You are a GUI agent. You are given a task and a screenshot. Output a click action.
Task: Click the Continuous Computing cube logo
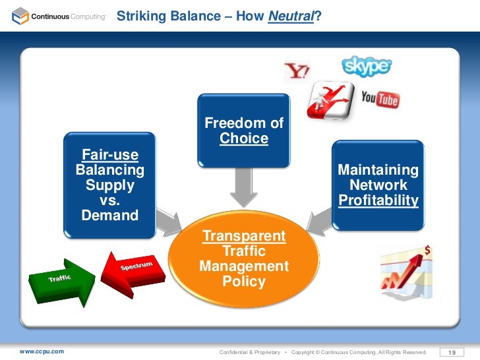click(20, 15)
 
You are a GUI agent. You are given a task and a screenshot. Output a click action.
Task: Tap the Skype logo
click(367, 66)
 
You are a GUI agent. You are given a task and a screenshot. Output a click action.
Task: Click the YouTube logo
click(380, 100)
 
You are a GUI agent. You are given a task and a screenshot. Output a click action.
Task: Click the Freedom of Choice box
click(244, 130)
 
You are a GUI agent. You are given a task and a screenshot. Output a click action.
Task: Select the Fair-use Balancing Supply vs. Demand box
click(109, 185)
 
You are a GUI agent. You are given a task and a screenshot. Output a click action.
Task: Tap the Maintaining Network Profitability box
click(378, 185)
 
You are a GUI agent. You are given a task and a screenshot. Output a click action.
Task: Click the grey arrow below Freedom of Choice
click(244, 188)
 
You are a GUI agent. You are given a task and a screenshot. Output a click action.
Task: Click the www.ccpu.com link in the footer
click(42, 351)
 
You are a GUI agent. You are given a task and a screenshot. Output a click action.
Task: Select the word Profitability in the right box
click(378, 200)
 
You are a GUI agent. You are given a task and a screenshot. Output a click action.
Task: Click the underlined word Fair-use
click(109, 156)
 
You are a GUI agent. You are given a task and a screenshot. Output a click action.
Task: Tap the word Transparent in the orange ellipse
click(244, 236)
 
